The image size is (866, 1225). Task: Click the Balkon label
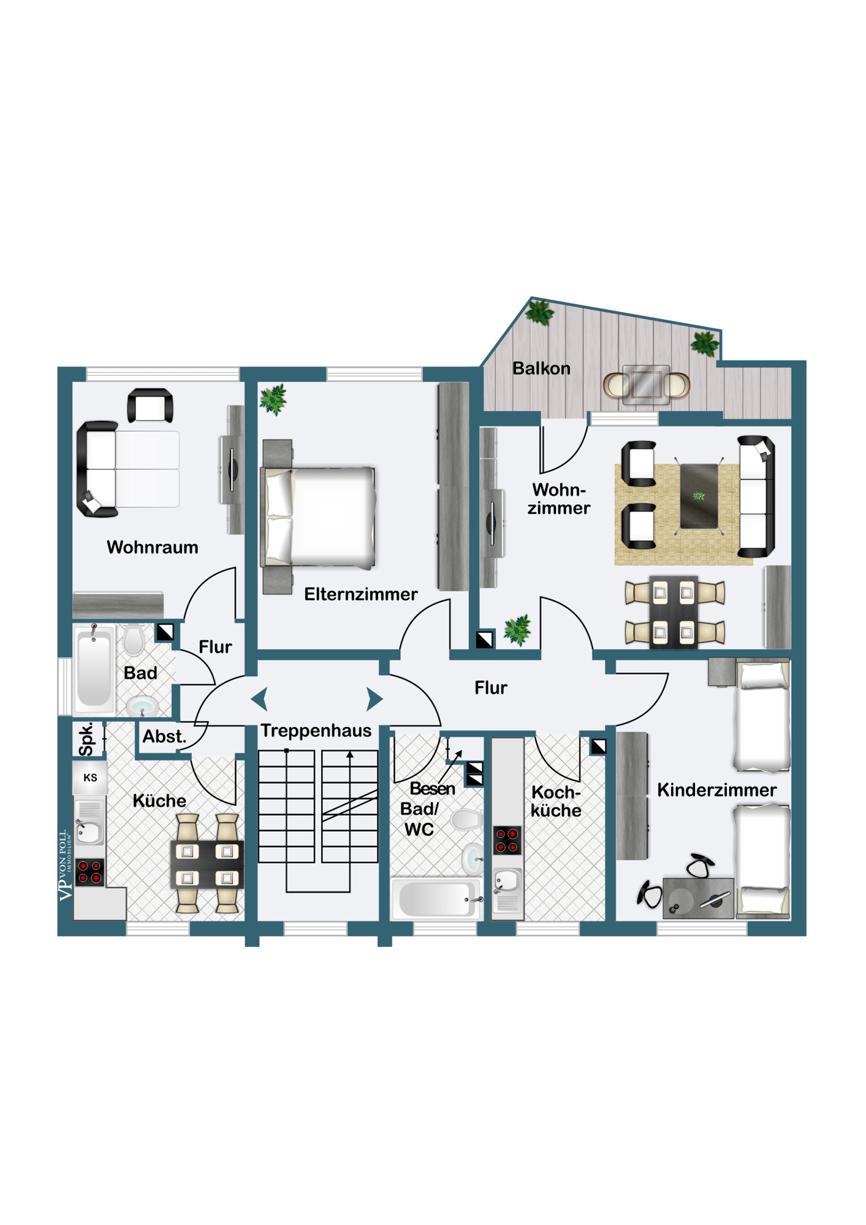click(541, 369)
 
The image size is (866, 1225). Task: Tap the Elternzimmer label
click(361, 594)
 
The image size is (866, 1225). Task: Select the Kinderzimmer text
click(716, 790)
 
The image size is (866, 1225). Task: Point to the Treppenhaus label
click(316, 731)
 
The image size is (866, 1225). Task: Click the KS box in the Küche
click(90, 778)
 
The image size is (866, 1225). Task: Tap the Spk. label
click(87, 739)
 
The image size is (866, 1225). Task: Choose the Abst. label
click(164, 736)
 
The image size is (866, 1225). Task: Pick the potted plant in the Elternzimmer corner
click(273, 399)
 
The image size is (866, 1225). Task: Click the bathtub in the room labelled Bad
click(94, 670)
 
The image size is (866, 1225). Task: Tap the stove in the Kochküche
click(507, 840)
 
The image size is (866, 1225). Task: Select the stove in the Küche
click(89, 872)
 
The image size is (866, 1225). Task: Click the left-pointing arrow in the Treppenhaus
click(259, 699)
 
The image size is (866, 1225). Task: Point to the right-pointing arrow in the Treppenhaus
click(374, 699)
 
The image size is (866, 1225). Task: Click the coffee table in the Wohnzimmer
click(699, 496)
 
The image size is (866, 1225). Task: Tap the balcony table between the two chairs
click(647, 385)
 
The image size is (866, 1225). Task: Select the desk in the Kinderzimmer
click(698, 898)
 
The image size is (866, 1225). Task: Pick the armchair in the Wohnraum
click(150, 405)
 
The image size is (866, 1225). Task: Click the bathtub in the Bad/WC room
click(436, 899)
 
